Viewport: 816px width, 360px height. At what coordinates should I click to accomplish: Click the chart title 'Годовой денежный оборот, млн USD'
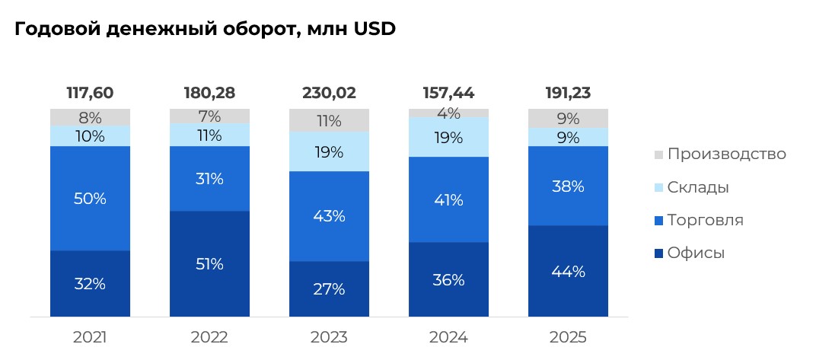[205, 30]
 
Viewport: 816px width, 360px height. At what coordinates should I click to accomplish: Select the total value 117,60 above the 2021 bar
[90, 93]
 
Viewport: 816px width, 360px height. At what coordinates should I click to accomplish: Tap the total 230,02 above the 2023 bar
[329, 93]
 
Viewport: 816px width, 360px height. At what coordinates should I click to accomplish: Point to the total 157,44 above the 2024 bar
[448, 93]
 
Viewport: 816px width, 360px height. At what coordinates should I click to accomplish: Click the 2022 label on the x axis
[209, 337]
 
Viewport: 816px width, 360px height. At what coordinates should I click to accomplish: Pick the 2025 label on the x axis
[568, 337]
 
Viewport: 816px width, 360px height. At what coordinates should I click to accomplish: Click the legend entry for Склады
[698, 187]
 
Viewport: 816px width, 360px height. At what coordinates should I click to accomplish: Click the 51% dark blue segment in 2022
[209, 263]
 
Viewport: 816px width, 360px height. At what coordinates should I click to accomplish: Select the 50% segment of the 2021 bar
[90, 198]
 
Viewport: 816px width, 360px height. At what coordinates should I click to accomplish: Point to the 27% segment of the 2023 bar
[329, 288]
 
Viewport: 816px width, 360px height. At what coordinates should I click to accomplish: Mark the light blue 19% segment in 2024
[448, 138]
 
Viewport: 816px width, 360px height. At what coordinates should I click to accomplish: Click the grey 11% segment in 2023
[329, 119]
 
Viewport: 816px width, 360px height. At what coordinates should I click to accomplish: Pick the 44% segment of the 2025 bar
[568, 271]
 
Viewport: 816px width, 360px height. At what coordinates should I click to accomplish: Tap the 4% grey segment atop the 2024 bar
[448, 113]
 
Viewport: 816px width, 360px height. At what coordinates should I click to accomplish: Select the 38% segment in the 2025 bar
[568, 186]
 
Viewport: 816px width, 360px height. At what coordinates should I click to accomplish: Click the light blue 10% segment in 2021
[90, 135]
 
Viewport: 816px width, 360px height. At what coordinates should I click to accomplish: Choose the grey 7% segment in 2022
[209, 116]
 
